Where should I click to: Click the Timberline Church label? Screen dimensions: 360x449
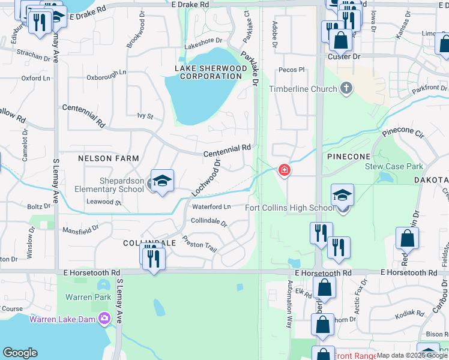coord(303,89)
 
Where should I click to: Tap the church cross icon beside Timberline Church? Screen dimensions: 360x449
coord(346,89)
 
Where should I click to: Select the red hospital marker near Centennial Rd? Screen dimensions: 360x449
coord(284,171)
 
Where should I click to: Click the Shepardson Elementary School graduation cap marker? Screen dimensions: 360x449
coord(162,181)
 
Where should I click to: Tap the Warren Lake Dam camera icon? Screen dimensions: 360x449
coord(105,318)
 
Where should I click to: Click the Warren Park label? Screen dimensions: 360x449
coord(88,297)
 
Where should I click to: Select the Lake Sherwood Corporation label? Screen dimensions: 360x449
coord(211,73)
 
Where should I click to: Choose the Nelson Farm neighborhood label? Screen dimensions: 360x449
coord(108,158)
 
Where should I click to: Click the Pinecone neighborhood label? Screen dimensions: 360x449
coord(348,157)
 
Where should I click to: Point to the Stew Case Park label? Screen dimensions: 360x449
coord(394,167)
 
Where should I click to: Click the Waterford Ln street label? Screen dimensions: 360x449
coord(211,207)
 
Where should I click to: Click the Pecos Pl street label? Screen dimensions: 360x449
coord(292,70)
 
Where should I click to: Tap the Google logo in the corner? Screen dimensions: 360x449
coord(20,353)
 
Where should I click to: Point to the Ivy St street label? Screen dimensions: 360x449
coord(145,116)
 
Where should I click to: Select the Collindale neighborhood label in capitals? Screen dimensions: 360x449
coord(149,243)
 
